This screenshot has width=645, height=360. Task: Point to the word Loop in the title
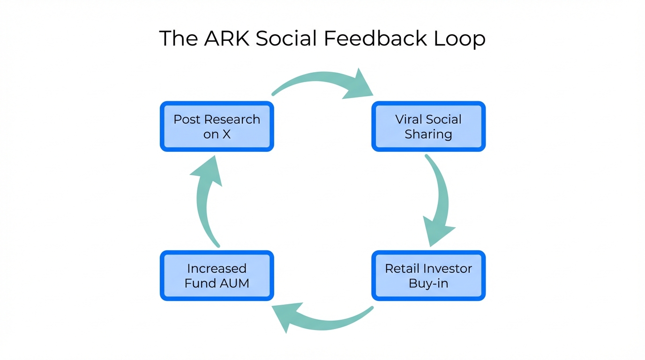tap(459, 39)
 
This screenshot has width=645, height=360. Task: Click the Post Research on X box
tap(217, 127)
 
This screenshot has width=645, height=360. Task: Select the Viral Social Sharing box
tap(428, 127)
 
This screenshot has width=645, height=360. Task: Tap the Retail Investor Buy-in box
tap(428, 276)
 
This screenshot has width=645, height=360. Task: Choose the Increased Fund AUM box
tap(217, 276)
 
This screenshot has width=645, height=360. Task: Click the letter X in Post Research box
tap(226, 134)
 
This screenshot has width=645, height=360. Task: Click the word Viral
tap(408, 119)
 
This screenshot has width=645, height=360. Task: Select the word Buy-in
tap(428, 283)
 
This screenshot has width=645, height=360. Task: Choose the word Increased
tap(217, 269)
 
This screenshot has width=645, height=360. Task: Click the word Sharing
tap(428, 135)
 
